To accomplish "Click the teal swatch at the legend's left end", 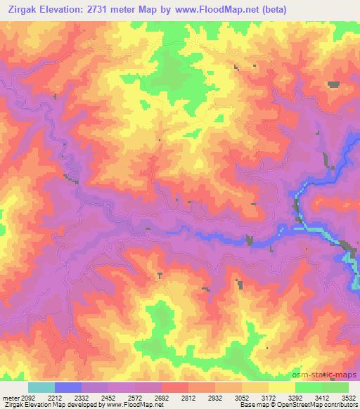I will point(41,387).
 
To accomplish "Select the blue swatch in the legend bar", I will point(68,387).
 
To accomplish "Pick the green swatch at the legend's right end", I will point(335,387).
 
